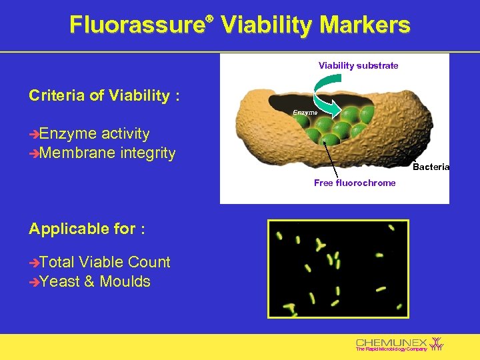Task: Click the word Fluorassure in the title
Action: coord(136,25)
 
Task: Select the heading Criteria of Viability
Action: coord(104,95)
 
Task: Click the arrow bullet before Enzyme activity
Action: coord(34,135)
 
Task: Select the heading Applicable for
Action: coord(87,229)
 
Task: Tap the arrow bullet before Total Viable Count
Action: coord(34,263)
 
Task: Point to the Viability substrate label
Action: coord(358,65)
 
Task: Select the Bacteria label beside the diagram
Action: coord(431,167)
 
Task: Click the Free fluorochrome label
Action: coord(355,183)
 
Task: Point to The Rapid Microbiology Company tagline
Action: coord(391,349)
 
